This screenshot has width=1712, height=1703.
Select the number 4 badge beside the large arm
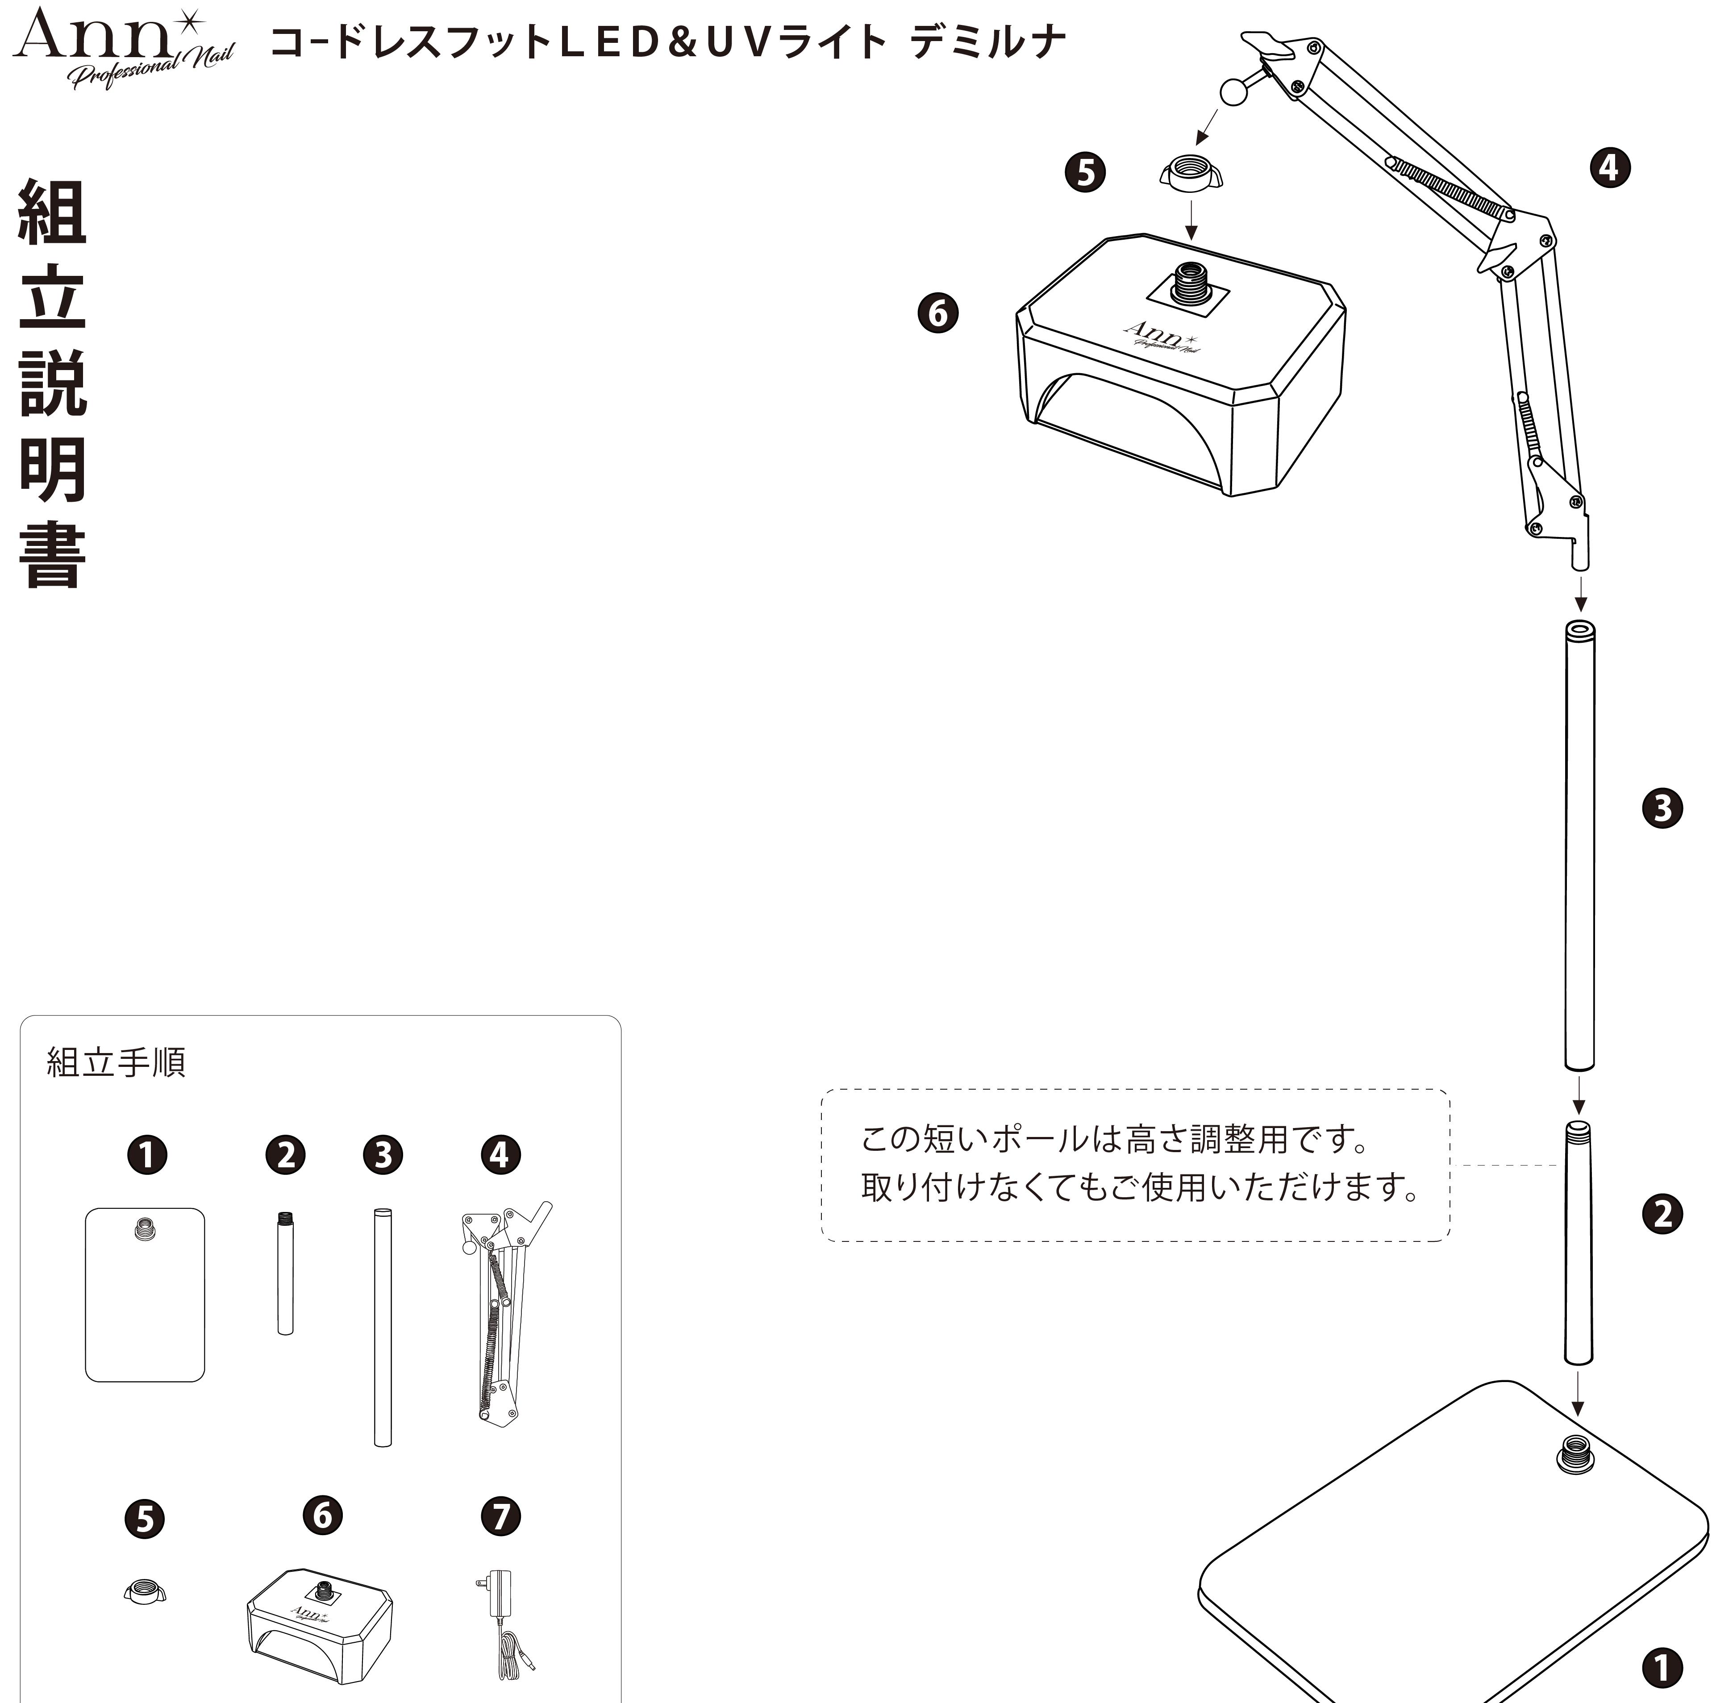[x=1609, y=167]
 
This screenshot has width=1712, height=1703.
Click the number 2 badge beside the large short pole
[x=1662, y=1214]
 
